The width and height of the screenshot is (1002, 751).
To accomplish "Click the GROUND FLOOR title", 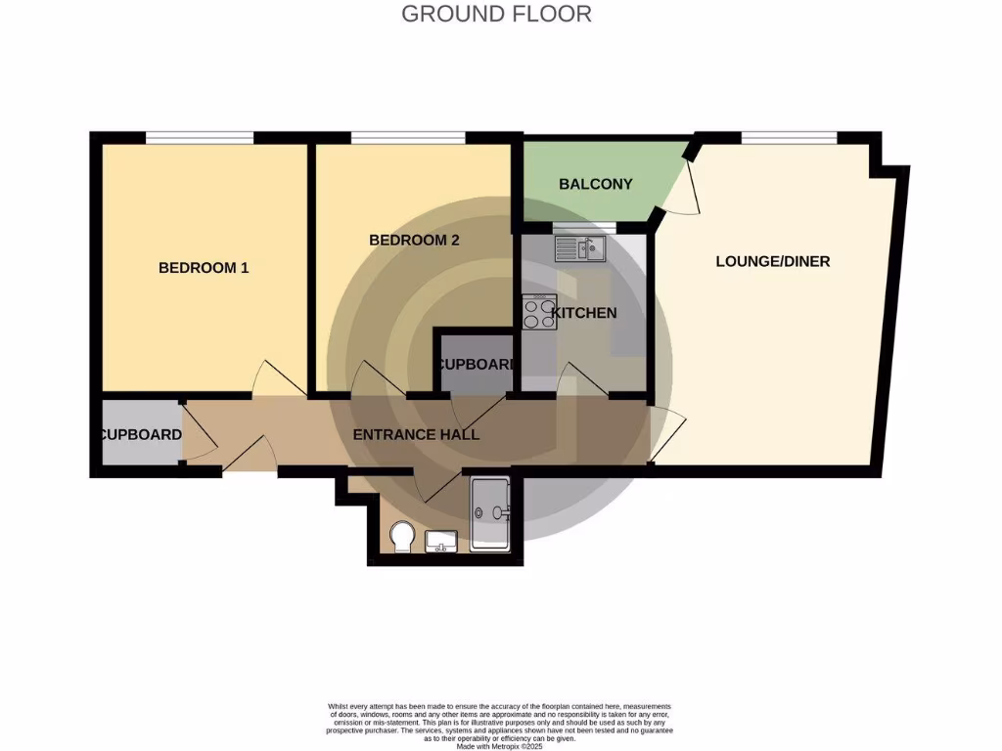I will point(496,14).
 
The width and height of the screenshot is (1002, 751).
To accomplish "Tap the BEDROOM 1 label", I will point(204,267).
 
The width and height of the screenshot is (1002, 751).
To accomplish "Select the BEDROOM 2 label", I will point(414,240).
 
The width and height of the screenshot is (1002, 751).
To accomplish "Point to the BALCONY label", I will point(595,184).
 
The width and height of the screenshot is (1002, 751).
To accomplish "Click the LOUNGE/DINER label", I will point(773,261).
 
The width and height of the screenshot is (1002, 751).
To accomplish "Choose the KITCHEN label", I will point(585,313).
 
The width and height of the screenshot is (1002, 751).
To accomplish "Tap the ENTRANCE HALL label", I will point(417,434).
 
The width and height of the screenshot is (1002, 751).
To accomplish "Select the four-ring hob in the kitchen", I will point(539,312).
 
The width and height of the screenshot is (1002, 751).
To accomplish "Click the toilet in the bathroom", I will point(400,537).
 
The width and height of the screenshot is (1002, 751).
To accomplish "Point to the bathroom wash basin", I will point(442,541).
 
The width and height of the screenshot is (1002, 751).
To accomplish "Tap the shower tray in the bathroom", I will point(490,514).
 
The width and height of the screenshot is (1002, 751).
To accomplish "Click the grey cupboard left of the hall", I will point(140,434).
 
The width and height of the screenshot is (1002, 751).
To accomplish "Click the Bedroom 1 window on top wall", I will point(200,137).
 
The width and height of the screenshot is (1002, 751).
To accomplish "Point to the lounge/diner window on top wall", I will point(789,137).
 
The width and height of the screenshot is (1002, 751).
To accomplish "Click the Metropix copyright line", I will point(500,746).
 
